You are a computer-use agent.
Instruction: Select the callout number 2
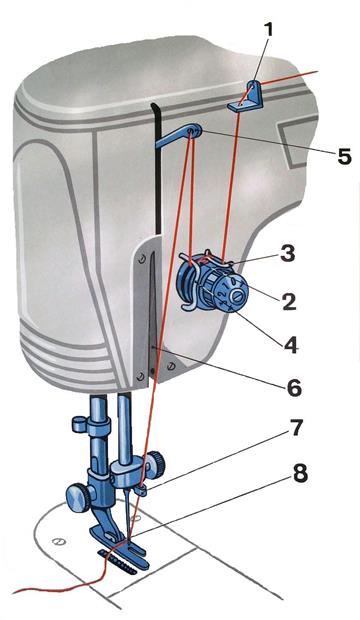point(288,301)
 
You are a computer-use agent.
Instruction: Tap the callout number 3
point(288,254)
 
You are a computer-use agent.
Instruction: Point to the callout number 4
point(291,345)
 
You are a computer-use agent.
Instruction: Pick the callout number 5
point(344,157)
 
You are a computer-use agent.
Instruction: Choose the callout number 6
point(294,388)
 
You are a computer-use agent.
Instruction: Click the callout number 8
point(300,474)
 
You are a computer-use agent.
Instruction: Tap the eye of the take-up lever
point(193,130)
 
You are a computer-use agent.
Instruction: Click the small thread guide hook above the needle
point(141,490)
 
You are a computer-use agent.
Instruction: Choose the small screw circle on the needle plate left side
point(59,542)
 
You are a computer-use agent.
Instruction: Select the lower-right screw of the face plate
point(171,366)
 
